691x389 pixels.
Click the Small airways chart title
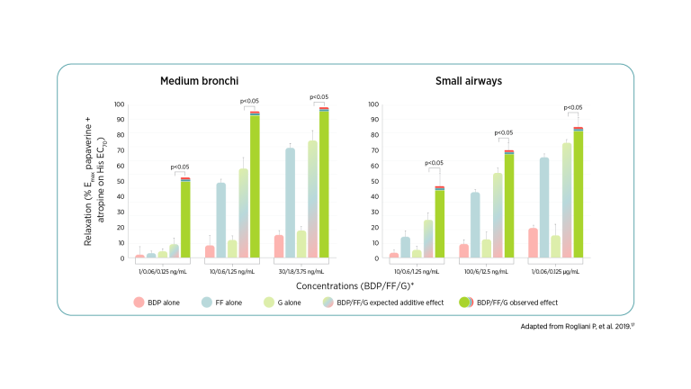point(468,81)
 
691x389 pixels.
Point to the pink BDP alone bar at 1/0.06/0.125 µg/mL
point(534,243)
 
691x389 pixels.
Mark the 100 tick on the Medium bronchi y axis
point(119,104)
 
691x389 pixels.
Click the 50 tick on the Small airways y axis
point(374,181)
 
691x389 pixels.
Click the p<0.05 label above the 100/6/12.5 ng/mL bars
point(504,133)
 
